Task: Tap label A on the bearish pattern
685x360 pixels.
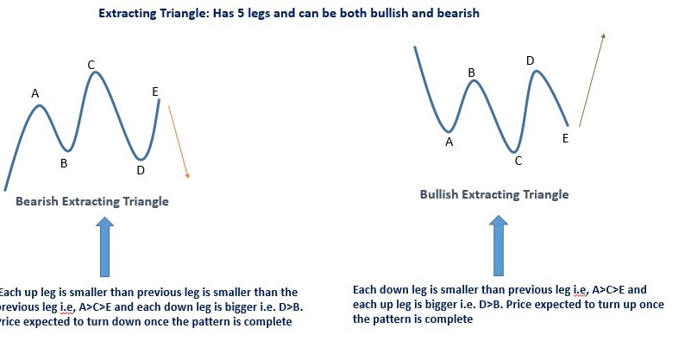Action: (35, 93)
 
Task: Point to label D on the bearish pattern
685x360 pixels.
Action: (141, 170)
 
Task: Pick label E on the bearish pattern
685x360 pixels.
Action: (154, 92)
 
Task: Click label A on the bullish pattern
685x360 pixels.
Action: (449, 142)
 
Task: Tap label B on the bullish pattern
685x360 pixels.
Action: (472, 73)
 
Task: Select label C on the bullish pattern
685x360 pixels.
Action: (518, 161)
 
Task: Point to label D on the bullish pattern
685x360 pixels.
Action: (530, 60)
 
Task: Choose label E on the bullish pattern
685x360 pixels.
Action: (565, 137)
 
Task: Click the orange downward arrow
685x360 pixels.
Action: (179, 142)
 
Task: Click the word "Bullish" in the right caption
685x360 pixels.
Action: (442, 194)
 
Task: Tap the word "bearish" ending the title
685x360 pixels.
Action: (456, 14)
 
